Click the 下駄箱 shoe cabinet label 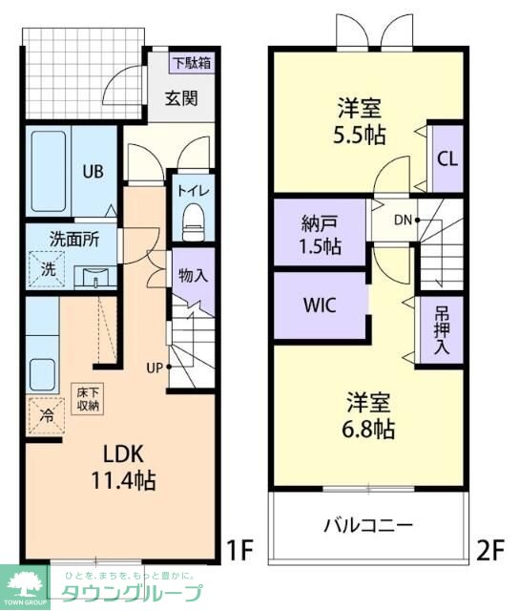192,63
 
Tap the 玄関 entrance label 181,98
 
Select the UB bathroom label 93,172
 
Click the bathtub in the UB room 49,171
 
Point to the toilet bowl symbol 193,221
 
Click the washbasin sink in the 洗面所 95,277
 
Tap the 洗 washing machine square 47,269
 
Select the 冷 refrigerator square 47,416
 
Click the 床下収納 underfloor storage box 87,399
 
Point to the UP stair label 155,368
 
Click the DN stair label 403,221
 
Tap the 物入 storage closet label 193,276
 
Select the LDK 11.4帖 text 124,467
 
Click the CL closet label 447,159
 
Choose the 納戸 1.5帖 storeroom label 320,235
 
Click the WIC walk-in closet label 320,305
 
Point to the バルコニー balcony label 368,526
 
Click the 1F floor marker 239,550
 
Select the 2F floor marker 490,550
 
